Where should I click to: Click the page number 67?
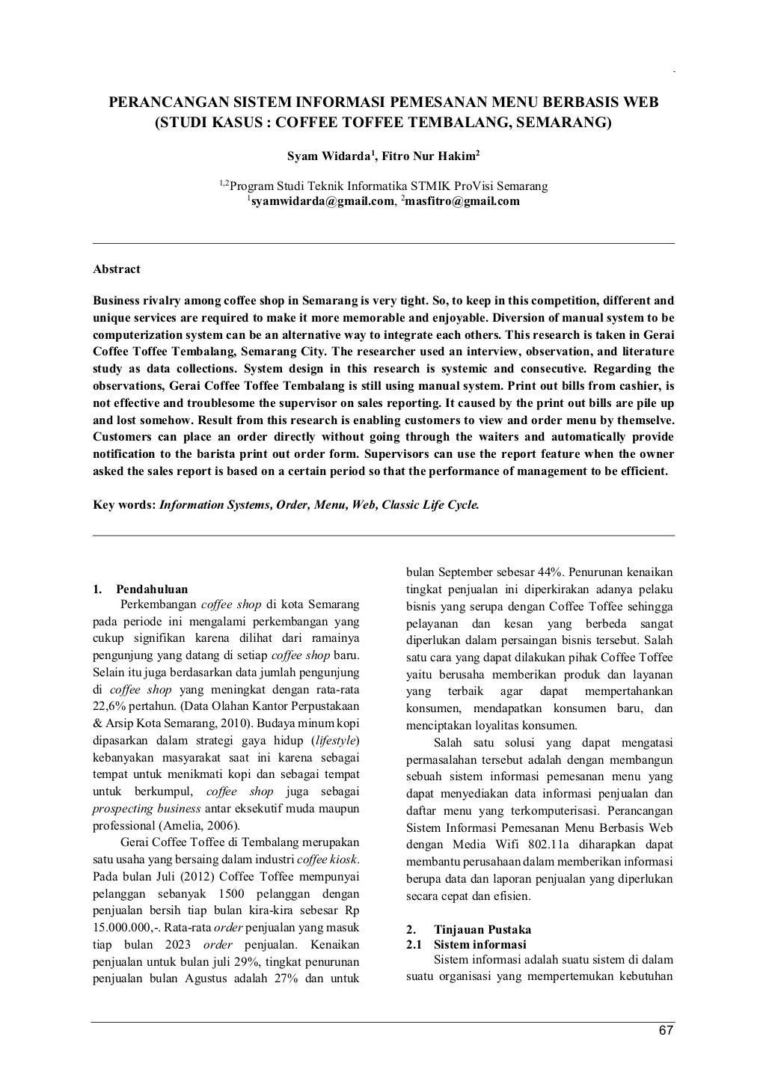click(666, 1032)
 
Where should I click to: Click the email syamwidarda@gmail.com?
click(322, 201)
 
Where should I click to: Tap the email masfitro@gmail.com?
click(462, 201)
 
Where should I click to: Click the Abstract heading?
click(116, 269)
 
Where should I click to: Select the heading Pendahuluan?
click(152, 589)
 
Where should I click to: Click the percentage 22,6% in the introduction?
click(108, 706)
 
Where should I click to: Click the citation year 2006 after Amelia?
click(222, 826)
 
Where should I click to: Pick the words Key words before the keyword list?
click(124, 505)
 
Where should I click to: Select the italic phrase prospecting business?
click(146, 809)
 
